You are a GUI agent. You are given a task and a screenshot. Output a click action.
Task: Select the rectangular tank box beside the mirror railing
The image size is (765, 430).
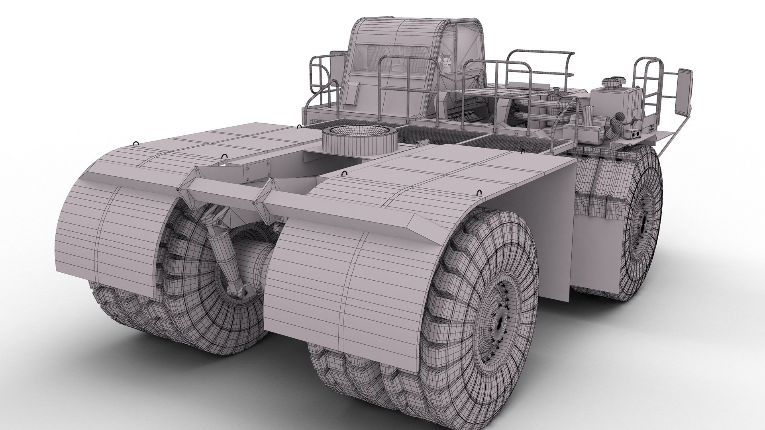click(x=606, y=102)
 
